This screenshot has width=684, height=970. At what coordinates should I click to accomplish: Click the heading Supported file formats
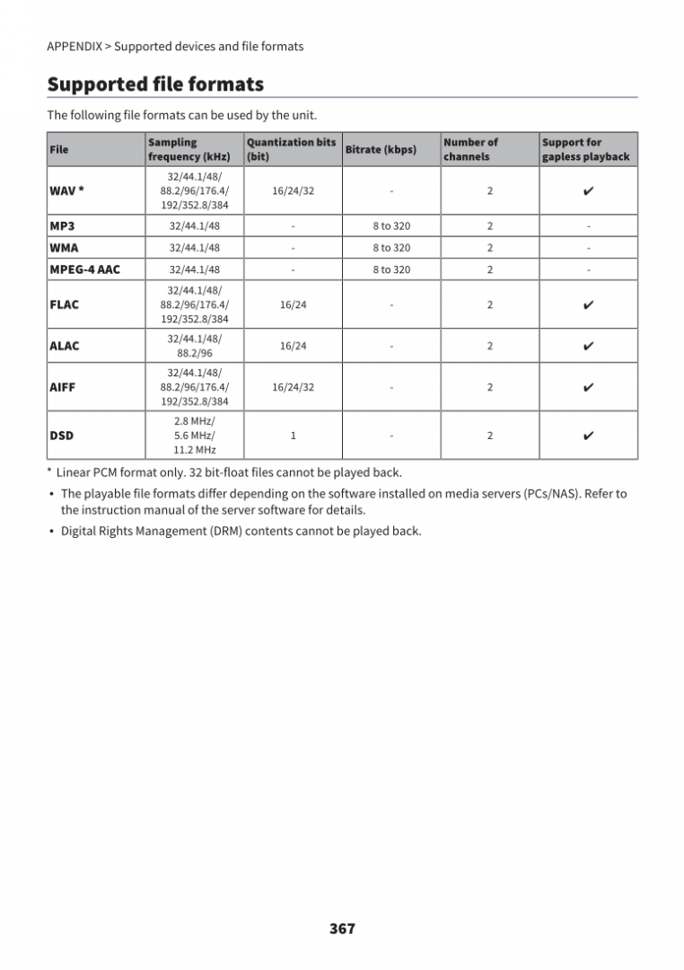click(x=155, y=84)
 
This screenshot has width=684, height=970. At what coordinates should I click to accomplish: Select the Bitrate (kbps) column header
click(x=381, y=149)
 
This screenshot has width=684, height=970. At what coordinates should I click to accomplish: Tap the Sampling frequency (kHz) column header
click(x=189, y=149)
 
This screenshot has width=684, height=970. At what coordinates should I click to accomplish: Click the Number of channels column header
click(x=470, y=149)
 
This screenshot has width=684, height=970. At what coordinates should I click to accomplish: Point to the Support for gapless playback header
click(x=585, y=149)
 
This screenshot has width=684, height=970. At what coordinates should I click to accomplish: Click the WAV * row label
click(x=67, y=191)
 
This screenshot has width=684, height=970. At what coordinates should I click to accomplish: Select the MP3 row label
click(x=62, y=226)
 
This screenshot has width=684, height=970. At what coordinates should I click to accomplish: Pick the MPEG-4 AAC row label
click(x=84, y=269)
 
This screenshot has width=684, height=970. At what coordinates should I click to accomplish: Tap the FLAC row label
click(x=65, y=304)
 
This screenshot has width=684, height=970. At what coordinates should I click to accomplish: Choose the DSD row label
click(x=62, y=436)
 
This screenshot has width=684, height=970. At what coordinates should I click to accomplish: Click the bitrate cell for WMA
click(x=391, y=248)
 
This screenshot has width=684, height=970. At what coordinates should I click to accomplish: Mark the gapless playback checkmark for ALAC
click(x=588, y=346)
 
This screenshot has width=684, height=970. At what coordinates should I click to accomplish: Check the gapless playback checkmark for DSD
click(x=588, y=436)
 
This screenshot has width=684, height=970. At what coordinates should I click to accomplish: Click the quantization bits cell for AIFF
click(x=293, y=387)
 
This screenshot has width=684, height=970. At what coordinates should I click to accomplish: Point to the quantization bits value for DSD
click(x=293, y=436)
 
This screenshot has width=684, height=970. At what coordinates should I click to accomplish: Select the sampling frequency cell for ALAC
click(x=195, y=346)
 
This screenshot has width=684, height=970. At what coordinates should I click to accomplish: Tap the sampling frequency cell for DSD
click(x=195, y=436)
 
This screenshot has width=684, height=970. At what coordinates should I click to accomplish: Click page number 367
click(x=342, y=929)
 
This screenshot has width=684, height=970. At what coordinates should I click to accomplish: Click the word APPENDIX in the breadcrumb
click(x=75, y=47)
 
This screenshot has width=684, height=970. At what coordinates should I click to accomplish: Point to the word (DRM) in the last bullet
click(x=226, y=531)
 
